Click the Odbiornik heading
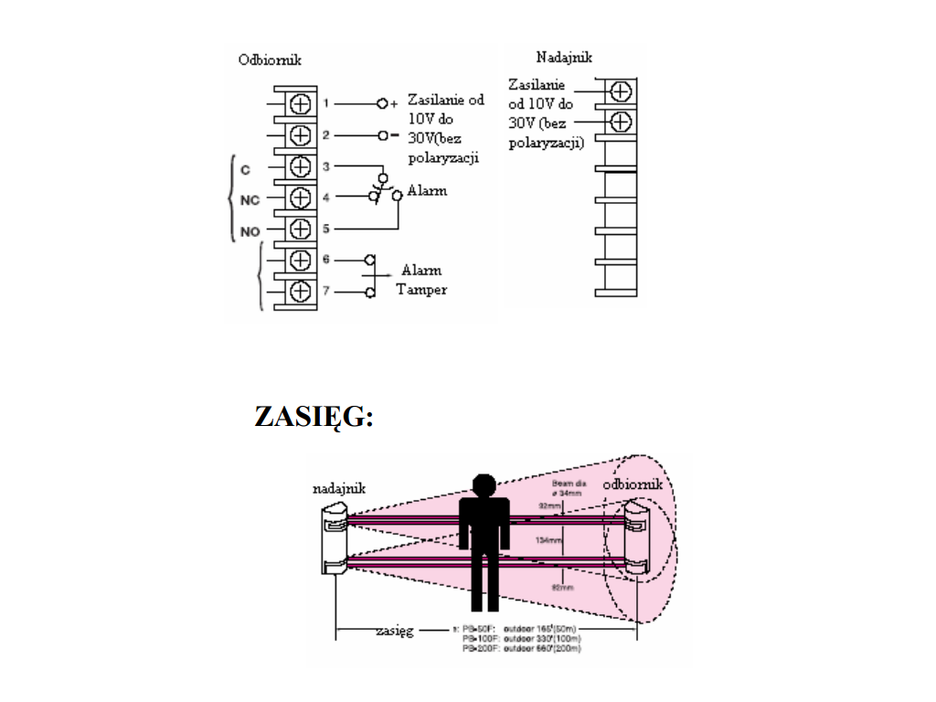click(270, 60)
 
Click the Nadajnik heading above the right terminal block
click(564, 57)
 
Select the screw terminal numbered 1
click(300, 104)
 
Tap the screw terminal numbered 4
click(300, 197)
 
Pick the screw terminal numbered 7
click(300, 292)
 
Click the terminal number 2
click(325, 135)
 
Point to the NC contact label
click(250, 201)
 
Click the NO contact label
click(250, 231)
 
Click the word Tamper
click(421, 290)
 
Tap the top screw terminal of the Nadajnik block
click(621, 91)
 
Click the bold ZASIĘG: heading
click(314, 417)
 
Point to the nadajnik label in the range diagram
click(339, 489)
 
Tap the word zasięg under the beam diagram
click(395, 631)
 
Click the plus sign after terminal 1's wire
click(394, 104)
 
